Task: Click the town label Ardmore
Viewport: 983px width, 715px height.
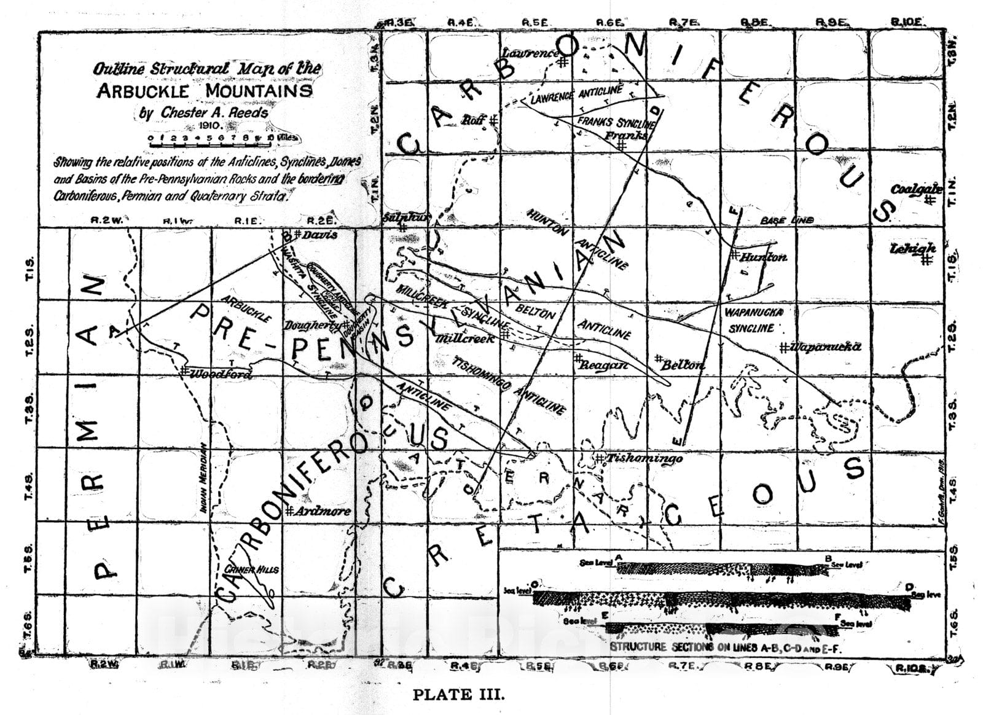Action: (324, 511)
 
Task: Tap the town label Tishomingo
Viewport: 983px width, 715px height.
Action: (643, 458)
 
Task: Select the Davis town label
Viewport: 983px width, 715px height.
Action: (319, 235)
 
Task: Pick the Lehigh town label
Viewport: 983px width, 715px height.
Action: (913, 249)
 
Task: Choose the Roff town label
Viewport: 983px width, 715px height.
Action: (474, 119)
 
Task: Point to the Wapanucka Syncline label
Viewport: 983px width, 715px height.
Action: (754, 320)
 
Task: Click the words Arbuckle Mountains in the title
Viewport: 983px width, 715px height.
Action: (204, 91)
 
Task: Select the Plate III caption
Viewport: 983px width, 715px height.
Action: (458, 695)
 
